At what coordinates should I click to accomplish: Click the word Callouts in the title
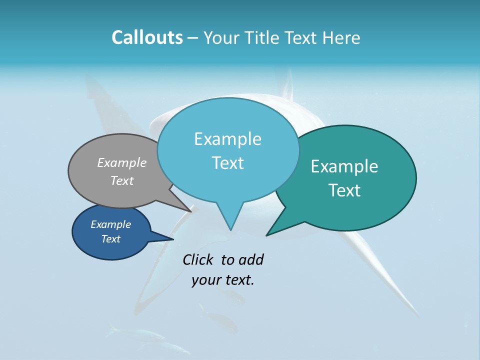click(147, 38)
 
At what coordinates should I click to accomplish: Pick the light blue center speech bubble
click(228, 185)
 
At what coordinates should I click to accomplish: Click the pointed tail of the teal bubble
click(278, 227)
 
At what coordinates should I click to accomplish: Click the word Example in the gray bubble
click(122, 163)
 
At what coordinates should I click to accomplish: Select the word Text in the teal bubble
click(344, 190)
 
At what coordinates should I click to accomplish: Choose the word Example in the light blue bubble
click(227, 139)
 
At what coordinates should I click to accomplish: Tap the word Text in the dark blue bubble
click(111, 239)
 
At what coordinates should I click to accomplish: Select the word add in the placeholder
click(251, 259)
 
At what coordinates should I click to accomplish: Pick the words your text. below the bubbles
click(223, 280)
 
